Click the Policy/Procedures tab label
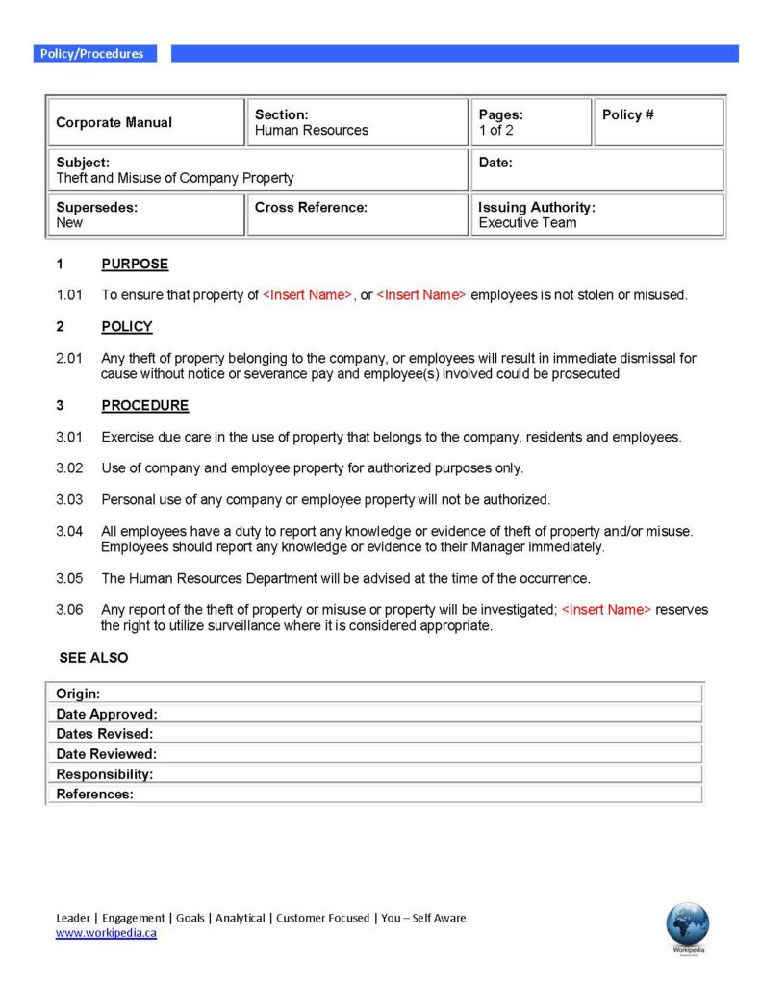click(x=91, y=54)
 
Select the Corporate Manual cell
click(x=114, y=122)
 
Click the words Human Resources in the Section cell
click(x=311, y=130)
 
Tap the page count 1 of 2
click(x=495, y=130)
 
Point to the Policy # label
click(x=627, y=114)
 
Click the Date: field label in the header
click(x=495, y=163)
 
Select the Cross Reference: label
click(x=311, y=207)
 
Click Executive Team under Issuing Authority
click(x=527, y=222)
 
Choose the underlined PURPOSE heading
click(x=135, y=264)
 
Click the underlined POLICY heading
click(x=127, y=326)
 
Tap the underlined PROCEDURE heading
click(x=145, y=405)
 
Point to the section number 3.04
click(x=69, y=531)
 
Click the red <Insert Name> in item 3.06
click(x=606, y=610)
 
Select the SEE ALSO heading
click(x=93, y=658)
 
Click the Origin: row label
click(x=78, y=694)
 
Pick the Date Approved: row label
click(x=107, y=714)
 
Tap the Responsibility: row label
click(x=104, y=773)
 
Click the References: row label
click(x=94, y=794)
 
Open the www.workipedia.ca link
click(x=106, y=933)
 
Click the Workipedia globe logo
click(x=687, y=924)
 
